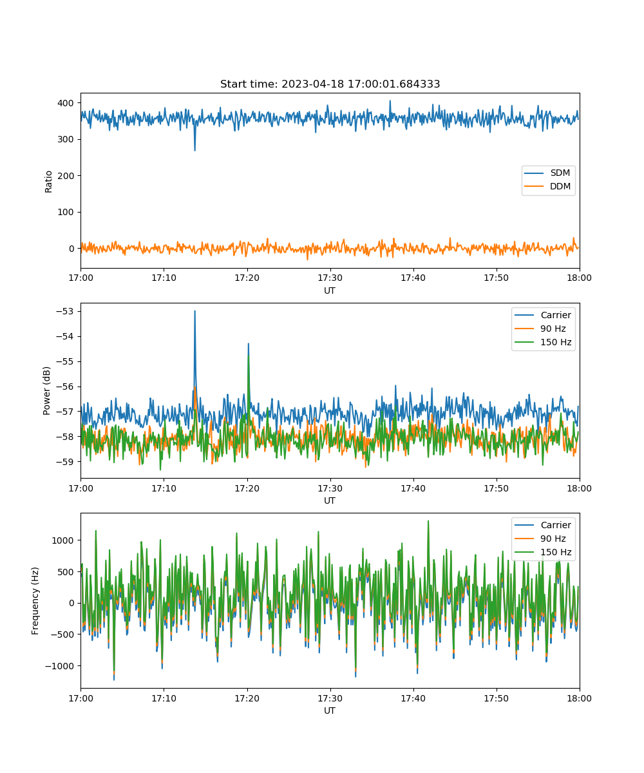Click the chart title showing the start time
330,84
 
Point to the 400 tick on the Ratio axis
66,103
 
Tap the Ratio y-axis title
48,182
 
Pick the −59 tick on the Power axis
65,462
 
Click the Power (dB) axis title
46,390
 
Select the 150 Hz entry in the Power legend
543,342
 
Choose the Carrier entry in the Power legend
543,315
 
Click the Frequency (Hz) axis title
35,600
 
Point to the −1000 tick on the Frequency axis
59,666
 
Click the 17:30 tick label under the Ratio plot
330,278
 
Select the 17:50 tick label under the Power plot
497,488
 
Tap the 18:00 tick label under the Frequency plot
579,698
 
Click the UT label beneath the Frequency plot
329,711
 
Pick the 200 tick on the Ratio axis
66,176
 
